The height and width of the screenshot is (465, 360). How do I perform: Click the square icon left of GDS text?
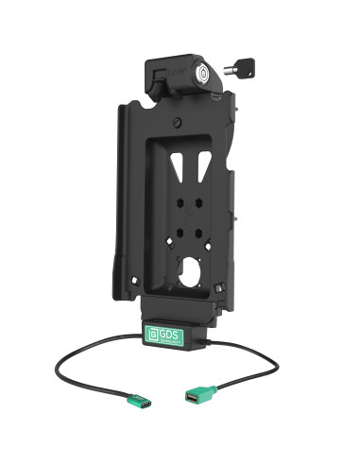[152, 334]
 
